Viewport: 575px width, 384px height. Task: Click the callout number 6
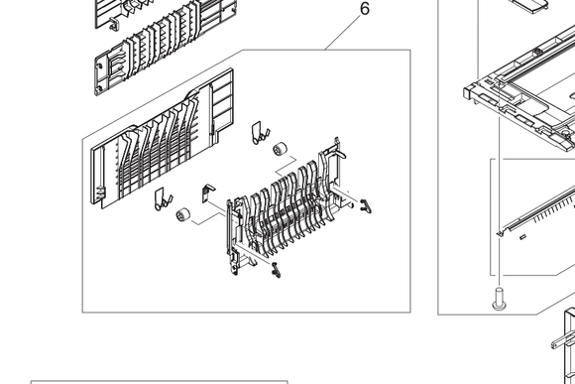click(365, 9)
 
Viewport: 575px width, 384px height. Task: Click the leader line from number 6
click(342, 33)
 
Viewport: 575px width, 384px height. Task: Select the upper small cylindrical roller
click(281, 148)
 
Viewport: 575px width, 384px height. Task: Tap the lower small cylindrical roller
click(183, 214)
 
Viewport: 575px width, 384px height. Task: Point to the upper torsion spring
click(260, 133)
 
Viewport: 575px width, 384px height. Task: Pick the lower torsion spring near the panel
click(163, 199)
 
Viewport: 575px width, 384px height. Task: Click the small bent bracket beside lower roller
click(208, 193)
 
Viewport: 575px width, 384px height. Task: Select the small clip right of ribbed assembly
click(366, 206)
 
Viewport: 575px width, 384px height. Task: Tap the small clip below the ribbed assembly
click(277, 270)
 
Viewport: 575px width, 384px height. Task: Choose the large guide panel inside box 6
click(162, 139)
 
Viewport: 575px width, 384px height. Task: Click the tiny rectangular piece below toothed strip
click(522, 237)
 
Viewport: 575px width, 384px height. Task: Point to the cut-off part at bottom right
click(565, 347)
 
